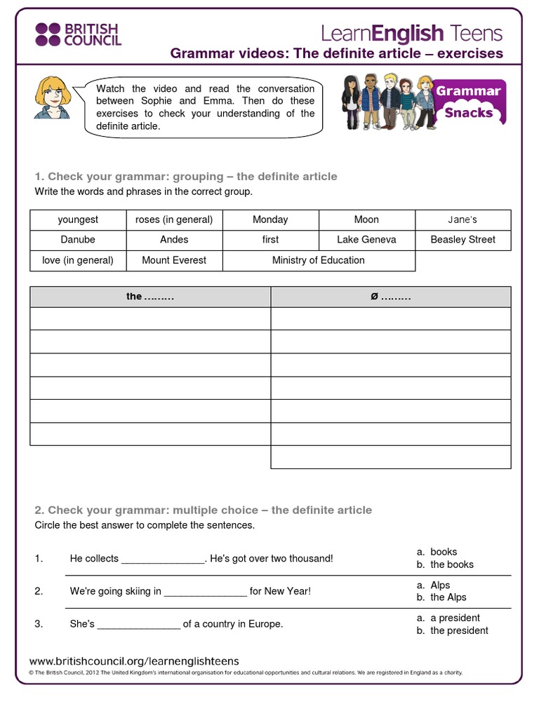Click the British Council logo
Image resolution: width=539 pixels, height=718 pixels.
(78, 34)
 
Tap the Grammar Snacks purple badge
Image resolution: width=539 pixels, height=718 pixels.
(469, 102)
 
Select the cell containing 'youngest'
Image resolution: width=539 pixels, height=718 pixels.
(78, 219)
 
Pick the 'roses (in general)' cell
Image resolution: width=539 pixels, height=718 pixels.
(174, 219)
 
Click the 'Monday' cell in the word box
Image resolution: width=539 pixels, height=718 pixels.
(270, 219)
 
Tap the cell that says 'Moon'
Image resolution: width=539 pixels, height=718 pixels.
(366, 219)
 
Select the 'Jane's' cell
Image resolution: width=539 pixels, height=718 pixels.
(463, 219)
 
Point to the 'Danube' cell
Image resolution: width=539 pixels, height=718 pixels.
(78, 240)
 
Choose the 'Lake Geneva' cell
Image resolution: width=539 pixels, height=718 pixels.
(366, 240)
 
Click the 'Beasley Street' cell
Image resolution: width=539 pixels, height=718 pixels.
(463, 240)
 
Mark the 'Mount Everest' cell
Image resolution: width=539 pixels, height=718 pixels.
(174, 260)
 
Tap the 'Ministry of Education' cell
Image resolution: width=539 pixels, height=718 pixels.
(319, 260)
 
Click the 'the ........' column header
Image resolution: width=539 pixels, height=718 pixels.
(150, 297)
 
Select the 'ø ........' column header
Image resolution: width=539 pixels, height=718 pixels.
(391, 297)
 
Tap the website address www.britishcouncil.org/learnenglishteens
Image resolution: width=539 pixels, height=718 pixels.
(134, 661)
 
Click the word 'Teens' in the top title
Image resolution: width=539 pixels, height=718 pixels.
(477, 33)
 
